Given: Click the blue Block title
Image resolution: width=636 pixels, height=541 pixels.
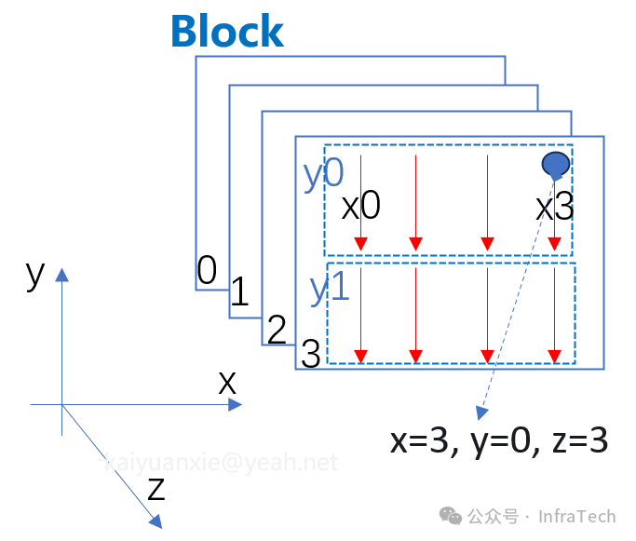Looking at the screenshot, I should pos(226,31).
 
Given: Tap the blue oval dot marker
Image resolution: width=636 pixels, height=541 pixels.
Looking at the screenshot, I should pos(555,165).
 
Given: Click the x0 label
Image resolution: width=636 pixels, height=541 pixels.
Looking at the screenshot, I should pos(361,206).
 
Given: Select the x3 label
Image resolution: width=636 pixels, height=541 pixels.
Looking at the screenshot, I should pos(556,206).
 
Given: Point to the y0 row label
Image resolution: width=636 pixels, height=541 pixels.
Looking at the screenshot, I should pos(324,174).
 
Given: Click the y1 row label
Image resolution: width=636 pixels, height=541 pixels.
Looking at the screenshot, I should pos(329,288).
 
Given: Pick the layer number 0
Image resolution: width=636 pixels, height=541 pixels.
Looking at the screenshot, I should pos(207,270).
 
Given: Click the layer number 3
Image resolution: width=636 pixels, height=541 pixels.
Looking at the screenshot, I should pos(311,354).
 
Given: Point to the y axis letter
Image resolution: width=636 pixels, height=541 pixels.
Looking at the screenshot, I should pos(35,274).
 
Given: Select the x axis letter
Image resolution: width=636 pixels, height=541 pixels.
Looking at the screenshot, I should pos(227,381).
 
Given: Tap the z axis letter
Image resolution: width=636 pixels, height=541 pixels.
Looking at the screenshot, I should pos(156,487).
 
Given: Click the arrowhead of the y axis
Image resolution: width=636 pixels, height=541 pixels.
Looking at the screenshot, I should pos(61,275).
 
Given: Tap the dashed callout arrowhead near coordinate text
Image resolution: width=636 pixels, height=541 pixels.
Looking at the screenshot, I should pos(481,413).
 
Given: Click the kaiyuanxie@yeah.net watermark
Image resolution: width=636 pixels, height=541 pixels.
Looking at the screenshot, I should pos(221,462).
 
